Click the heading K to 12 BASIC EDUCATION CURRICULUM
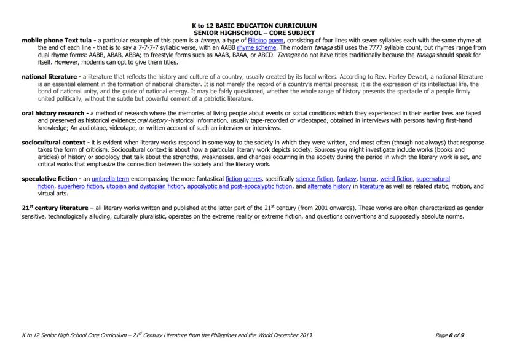click(x=254, y=26)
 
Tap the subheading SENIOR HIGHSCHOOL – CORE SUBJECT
click(x=254, y=33)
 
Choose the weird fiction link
click(x=396, y=179)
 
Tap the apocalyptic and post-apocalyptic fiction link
click(x=240, y=186)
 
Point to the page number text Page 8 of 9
click(x=449, y=335)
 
